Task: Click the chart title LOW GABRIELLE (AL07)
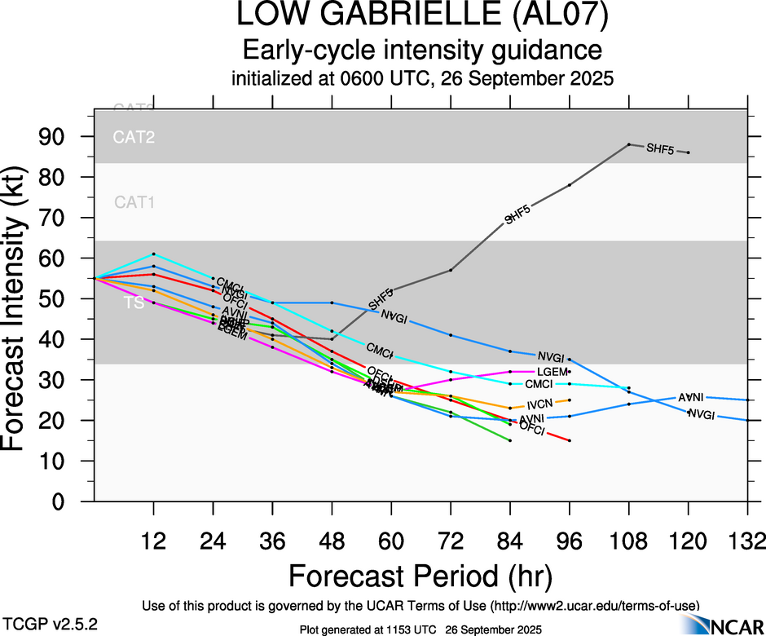(x=422, y=16)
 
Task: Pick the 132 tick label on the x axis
(x=747, y=541)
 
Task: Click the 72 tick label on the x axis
(x=451, y=541)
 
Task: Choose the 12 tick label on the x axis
(x=153, y=541)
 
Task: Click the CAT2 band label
(x=134, y=137)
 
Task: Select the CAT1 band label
(x=134, y=202)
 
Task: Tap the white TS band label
(x=134, y=303)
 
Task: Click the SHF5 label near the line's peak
(x=660, y=148)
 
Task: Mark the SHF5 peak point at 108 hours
(x=629, y=144)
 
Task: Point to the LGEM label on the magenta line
(x=552, y=372)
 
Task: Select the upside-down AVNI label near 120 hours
(x=690, y=397)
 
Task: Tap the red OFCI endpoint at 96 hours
(x=570, y=440)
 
